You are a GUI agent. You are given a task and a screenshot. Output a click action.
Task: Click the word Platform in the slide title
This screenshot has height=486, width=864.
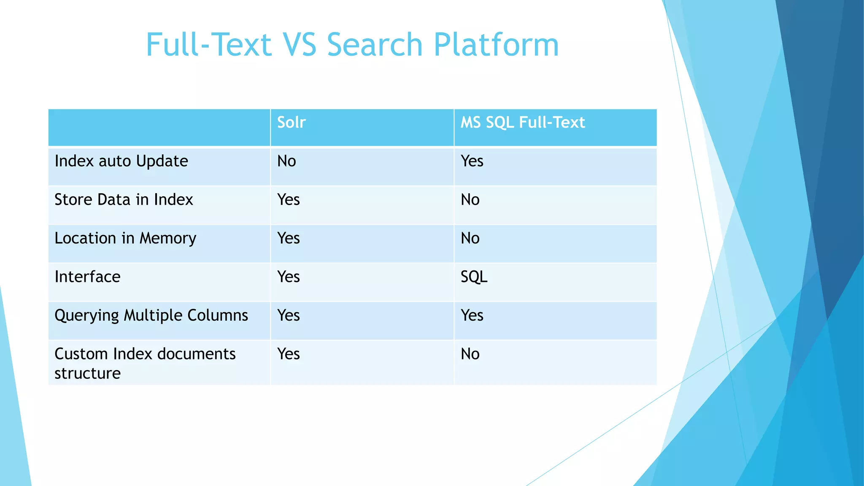pyautogui.click(x=496, y=45)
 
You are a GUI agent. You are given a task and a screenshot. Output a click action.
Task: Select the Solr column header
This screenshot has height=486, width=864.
pyautogui.click(x=291, y=122)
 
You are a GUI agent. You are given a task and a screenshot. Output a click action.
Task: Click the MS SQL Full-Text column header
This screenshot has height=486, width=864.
pyautogui.click(x=522, y=122)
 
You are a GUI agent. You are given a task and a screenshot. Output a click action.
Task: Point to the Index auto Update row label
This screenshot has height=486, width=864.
pyautogui.click(x=121, y=161)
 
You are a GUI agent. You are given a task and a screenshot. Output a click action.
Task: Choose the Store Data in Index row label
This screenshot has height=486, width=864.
pyautogui.click(x=124, y=200)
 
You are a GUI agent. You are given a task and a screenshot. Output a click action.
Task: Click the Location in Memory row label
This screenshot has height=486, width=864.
pyautogui.click(x=125, y=238)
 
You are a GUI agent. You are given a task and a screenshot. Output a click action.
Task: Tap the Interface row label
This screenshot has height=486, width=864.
pyautogui.click(x=87, y=277)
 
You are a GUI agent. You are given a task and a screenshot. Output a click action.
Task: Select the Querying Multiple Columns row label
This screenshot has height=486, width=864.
pyautogui.click(x=151, y=316)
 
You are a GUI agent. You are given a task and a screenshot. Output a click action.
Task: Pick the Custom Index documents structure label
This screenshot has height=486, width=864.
pyautogui.click(x=145, y=363)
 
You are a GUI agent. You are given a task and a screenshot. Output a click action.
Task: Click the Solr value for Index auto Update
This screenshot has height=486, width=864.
pyautogui.click(x=286, y=161)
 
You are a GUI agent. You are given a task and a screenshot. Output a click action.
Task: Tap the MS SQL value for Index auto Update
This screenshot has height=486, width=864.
pyautogui.click(x=472, y=161)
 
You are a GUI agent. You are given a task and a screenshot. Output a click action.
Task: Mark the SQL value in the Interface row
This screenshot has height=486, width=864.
pyautogui.click(x=474, y=277)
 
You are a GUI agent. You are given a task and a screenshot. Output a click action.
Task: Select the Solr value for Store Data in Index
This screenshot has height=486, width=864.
pyautogui.click(x=288, y=200)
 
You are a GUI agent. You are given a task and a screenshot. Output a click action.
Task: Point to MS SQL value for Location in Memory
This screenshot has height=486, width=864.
pyautogui.click(x=470, y=238)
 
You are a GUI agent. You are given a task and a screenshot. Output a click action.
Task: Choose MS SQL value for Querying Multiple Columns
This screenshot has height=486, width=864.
pyautogui.click(x=472, y=316)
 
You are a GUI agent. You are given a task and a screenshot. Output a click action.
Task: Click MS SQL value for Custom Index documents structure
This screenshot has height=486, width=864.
pyautogui.click(x=470, y=354)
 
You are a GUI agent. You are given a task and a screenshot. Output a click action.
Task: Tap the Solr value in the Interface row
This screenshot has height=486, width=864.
pyautogui.click(x=288, y=277)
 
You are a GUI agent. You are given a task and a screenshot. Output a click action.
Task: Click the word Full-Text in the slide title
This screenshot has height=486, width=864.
pyautogui.click(x=208, y=45)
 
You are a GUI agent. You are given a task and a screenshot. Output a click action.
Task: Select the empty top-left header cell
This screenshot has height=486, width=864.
pyautogui.click(x=159, y=127)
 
